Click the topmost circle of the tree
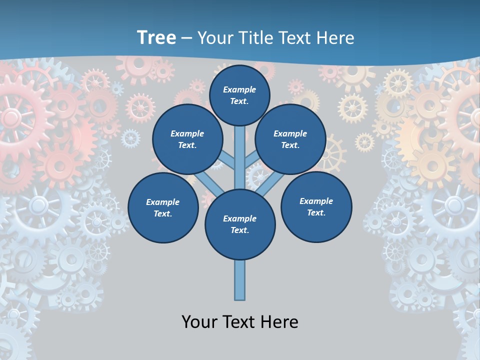point(239,95)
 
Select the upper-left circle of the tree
point(187,139)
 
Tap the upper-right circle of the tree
point(290,139)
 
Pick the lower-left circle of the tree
point(163,207)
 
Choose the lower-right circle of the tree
point(316,206)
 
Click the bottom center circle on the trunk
point(240,224)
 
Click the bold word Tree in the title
point(156,37)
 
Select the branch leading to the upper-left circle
point(226,161)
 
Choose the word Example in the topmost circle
point(239,89)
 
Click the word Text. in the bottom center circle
point(239,230)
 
